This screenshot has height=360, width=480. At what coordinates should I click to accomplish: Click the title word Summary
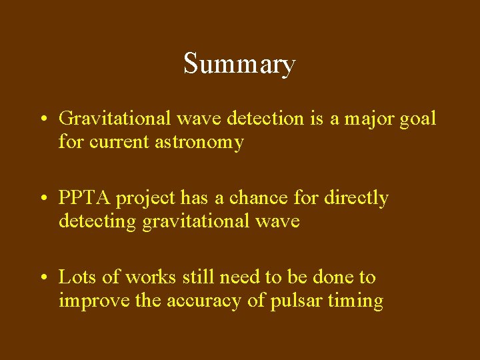239,65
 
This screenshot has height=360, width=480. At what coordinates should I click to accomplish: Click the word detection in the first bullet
265,119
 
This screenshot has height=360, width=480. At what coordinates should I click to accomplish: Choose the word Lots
77,277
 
